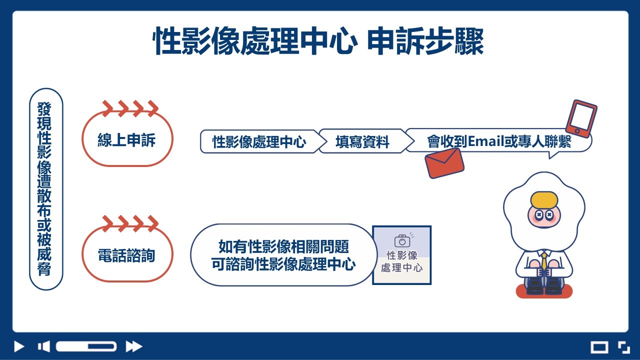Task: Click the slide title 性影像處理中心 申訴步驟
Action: click(317, 40)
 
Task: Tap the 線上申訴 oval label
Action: click(127, 139)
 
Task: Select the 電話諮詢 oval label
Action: click(127, 254)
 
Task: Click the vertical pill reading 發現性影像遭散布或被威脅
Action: click(46, 189)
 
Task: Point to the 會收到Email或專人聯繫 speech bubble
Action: click(498, 141)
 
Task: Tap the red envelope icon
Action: click(444, 163)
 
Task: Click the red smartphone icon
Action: click(581, 118)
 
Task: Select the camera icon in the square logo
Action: click(402, 241)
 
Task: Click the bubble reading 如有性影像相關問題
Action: click(283, 255)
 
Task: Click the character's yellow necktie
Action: click(544, 261)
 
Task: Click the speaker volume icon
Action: click(43, 346)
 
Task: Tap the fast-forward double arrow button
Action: click(133, 346)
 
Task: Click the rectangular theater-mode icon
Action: click(599, 347)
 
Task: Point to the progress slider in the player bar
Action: click(86, 346)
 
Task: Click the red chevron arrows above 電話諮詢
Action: click(130, 223)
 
